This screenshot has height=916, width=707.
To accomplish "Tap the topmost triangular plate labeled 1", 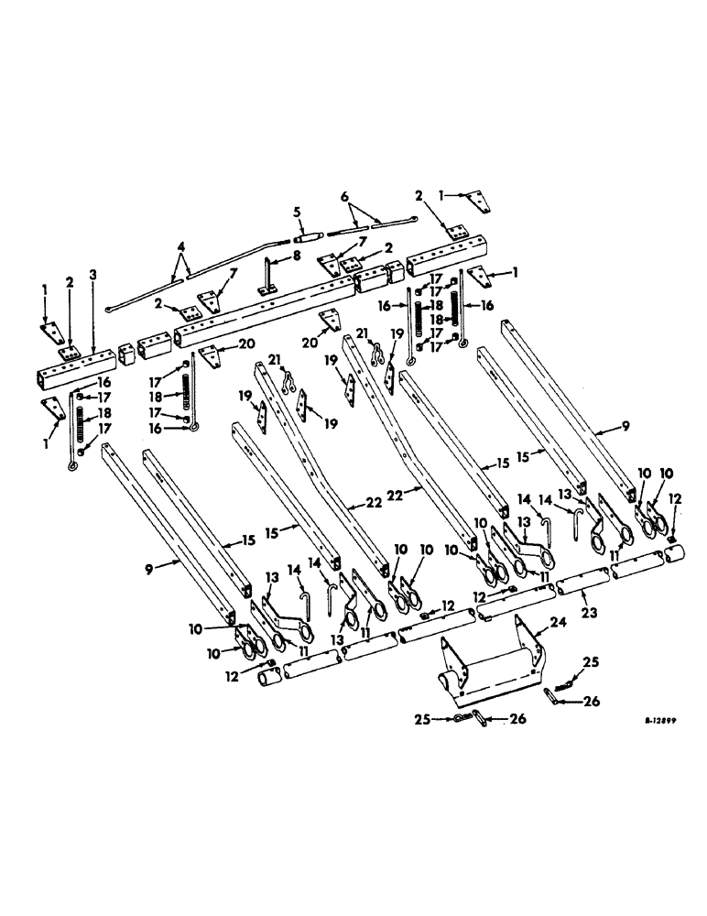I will click(x=473, y=199).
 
